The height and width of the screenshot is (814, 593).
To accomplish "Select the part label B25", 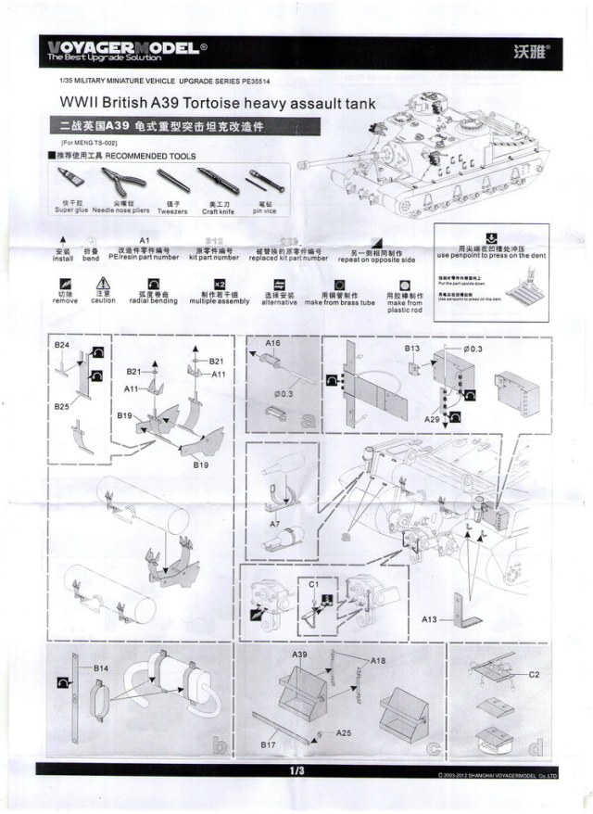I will click(61, 406).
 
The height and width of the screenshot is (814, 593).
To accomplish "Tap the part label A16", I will click(272, 343).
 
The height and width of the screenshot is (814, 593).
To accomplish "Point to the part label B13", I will click(412, 348).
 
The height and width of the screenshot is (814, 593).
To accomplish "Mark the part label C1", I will click(313, 584).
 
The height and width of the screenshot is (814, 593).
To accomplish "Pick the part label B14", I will click(100, 668).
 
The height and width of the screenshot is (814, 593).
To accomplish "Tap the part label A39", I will click(299, 655).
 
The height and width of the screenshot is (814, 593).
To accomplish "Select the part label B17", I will click(270, 744).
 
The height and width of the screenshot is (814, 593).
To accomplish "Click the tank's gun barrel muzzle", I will click(302, 165).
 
